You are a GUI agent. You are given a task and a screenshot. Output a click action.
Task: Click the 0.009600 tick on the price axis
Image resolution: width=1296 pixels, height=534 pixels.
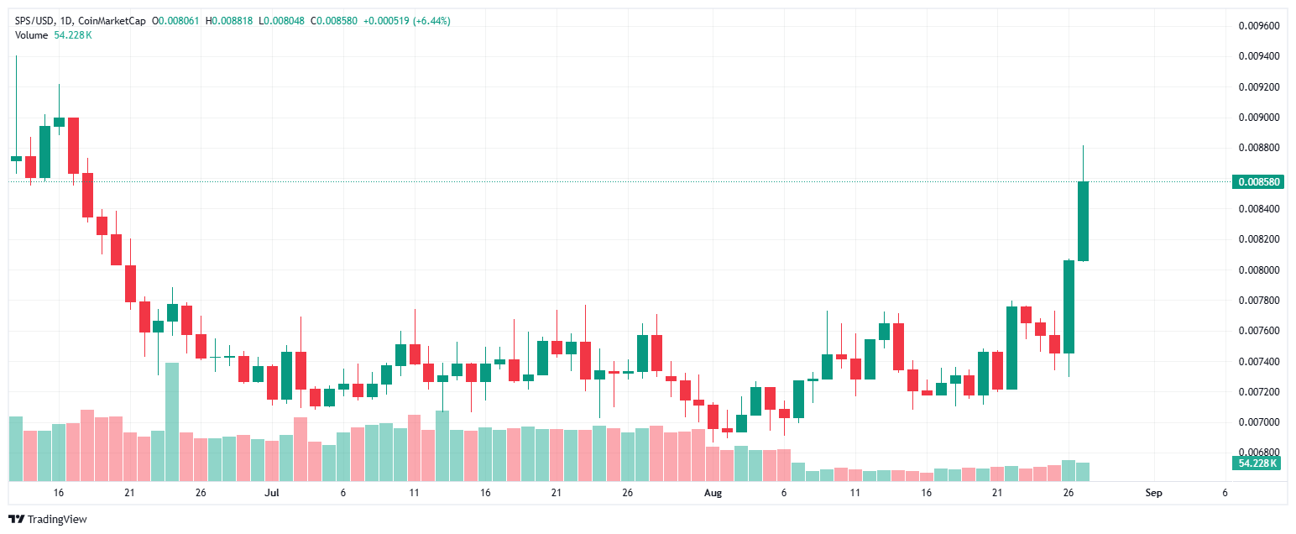[x=1259, y=26]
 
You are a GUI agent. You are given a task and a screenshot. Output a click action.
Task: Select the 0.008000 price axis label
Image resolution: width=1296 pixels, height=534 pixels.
[x=1259, y=270]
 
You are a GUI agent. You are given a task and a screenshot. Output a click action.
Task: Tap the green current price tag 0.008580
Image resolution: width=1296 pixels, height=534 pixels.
[x=1257, y=181]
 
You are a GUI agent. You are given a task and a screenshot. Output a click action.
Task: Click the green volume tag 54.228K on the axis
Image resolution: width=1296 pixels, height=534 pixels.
[x=1257, y=463]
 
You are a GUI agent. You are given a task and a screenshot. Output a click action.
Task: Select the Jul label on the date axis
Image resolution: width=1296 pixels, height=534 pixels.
[x=272, y=493]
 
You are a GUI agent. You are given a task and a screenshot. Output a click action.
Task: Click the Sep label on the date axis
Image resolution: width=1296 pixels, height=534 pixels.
[x=1154, y=493]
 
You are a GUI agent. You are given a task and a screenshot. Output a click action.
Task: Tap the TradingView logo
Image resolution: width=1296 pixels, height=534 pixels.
[x=47, y=520]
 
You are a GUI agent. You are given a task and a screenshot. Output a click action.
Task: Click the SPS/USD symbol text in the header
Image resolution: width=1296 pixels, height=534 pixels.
[x=34, y=21]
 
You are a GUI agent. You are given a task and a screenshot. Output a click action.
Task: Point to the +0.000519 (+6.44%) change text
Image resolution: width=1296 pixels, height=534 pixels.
[x=406, y=21]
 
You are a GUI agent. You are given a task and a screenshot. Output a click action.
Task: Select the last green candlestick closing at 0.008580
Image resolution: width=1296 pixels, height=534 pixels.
[x=1083, y=221]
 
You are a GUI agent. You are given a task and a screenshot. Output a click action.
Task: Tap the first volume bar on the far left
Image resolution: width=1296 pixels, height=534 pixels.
[x=16, y=448]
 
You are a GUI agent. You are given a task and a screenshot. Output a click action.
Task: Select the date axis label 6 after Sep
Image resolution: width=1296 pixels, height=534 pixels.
[x=1225, y=493]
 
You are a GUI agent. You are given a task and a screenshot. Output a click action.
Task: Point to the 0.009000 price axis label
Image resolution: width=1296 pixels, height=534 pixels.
[x=1259, y=118]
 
